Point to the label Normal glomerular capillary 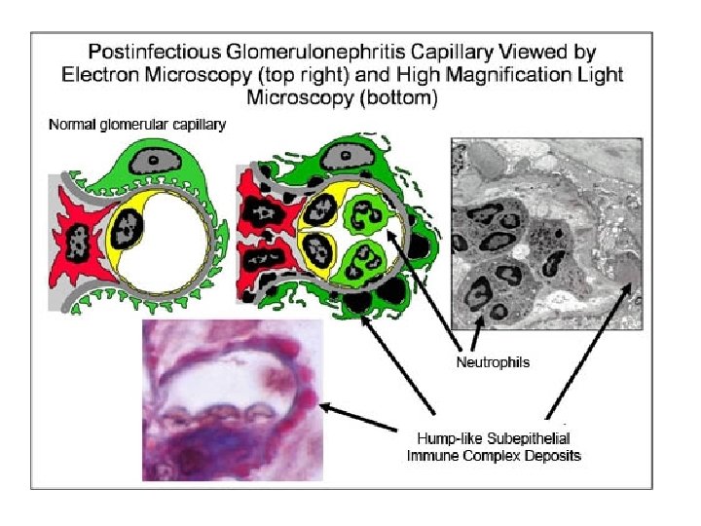coord(137,126)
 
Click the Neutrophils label coord(493,362)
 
